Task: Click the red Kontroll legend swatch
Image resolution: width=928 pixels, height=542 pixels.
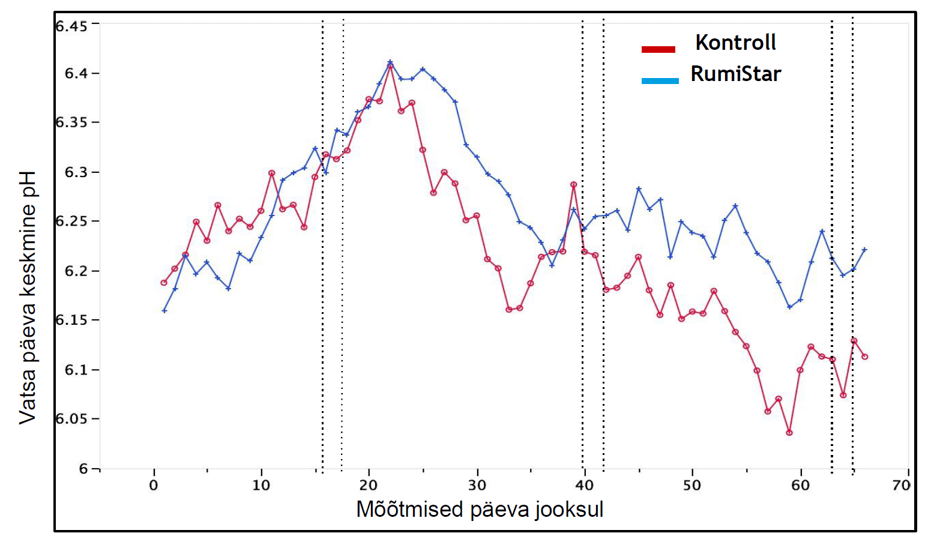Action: click(658, 49)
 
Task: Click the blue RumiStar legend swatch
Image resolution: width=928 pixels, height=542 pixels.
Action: click(660, 81)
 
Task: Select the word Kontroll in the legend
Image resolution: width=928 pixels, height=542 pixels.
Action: click(735, 43)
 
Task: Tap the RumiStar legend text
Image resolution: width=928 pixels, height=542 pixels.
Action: click(735, 74)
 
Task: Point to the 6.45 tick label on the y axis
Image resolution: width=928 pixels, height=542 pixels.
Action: click(71, 26)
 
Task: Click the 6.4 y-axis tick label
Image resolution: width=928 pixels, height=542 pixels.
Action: click(76, 73)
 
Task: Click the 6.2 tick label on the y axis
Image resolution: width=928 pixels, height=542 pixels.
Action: click(76, 271)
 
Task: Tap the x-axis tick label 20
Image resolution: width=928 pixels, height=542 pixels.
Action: click(369, 485)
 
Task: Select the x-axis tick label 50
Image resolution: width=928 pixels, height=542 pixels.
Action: click(692, 485)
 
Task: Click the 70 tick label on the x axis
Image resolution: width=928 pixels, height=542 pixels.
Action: click(901, 485)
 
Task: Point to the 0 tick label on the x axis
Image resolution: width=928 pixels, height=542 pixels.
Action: click(154, 485)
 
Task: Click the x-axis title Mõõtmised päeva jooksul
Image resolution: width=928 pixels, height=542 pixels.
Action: click(480, 510)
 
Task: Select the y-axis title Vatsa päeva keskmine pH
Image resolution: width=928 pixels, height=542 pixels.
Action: click(28, 297)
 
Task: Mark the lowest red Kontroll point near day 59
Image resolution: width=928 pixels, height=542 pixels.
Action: click(789, 433)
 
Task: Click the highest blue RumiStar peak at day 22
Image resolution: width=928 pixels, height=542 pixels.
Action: click(390, 62)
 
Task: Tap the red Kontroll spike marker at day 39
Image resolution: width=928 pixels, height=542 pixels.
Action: click(573, 185)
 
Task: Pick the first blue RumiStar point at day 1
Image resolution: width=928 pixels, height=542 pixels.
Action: click(164, 311)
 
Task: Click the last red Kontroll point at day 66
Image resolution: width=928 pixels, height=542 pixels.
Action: click(865, 357)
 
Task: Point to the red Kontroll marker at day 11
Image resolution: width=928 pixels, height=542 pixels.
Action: click(271, 173)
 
